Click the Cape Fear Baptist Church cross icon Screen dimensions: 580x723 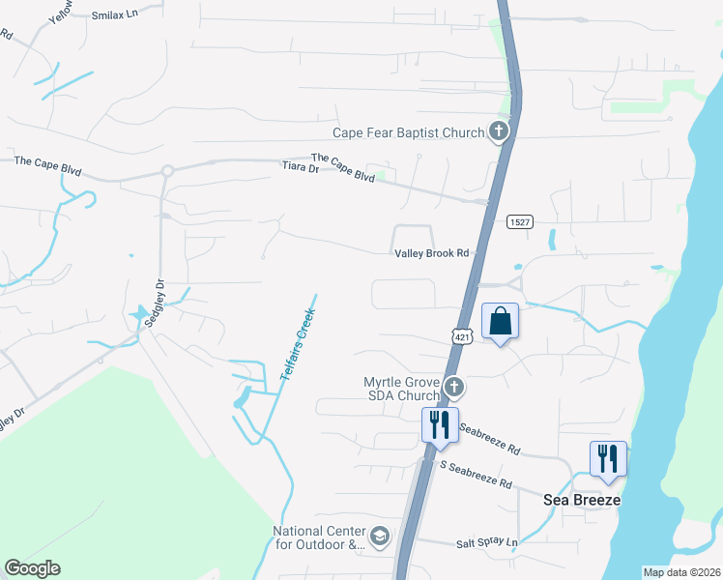[x=499, y=131]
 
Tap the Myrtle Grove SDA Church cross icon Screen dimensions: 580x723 [x=454, y=389]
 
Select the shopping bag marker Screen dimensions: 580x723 [x=500, y=321]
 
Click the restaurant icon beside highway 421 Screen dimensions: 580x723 [x=440, y=424]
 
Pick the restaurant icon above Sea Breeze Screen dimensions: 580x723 [x=608, y=458]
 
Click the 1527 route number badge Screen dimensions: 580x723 [x=520, y=222]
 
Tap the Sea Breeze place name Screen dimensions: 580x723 [x=581, y=501]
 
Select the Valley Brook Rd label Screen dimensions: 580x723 [x=431, y=253]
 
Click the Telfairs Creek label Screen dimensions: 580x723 [x=298, y=337]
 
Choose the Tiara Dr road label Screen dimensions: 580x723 [x=300, y=168]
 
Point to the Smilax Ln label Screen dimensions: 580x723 [x=115, y=16]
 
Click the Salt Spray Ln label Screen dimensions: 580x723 [x=486, y=543]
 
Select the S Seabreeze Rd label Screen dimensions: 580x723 [x=476, y=474]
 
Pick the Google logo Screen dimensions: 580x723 [x=32, y=568]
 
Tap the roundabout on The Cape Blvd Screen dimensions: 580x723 [x=167, y=171]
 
